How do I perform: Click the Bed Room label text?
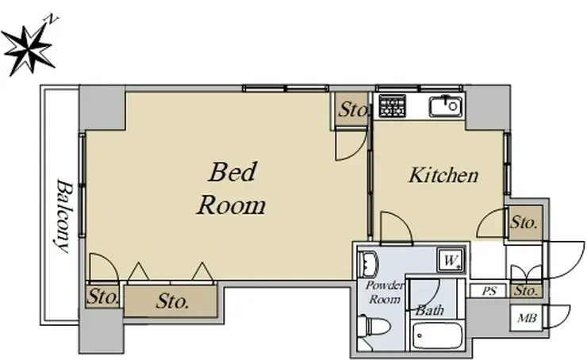pos(232,188)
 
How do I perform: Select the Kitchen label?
pos(443,175)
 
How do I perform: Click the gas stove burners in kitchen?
pos(393,106)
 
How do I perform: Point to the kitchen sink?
pos(445,106)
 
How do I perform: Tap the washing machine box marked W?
pos(451,260)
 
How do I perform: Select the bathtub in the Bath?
pos(437,335)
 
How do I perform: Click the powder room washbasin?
pos(368,263)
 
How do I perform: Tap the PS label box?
pos(489,291)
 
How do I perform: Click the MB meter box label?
pos(527,318)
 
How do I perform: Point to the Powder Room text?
pos(384,293)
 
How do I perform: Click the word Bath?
pos(430,310)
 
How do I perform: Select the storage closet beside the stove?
pos(351,109)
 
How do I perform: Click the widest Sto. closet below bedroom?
pos(171,301)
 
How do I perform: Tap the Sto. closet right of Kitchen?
pos(525,223)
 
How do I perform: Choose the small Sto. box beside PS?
pos(526,290)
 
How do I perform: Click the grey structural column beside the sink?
pos(487,108)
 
